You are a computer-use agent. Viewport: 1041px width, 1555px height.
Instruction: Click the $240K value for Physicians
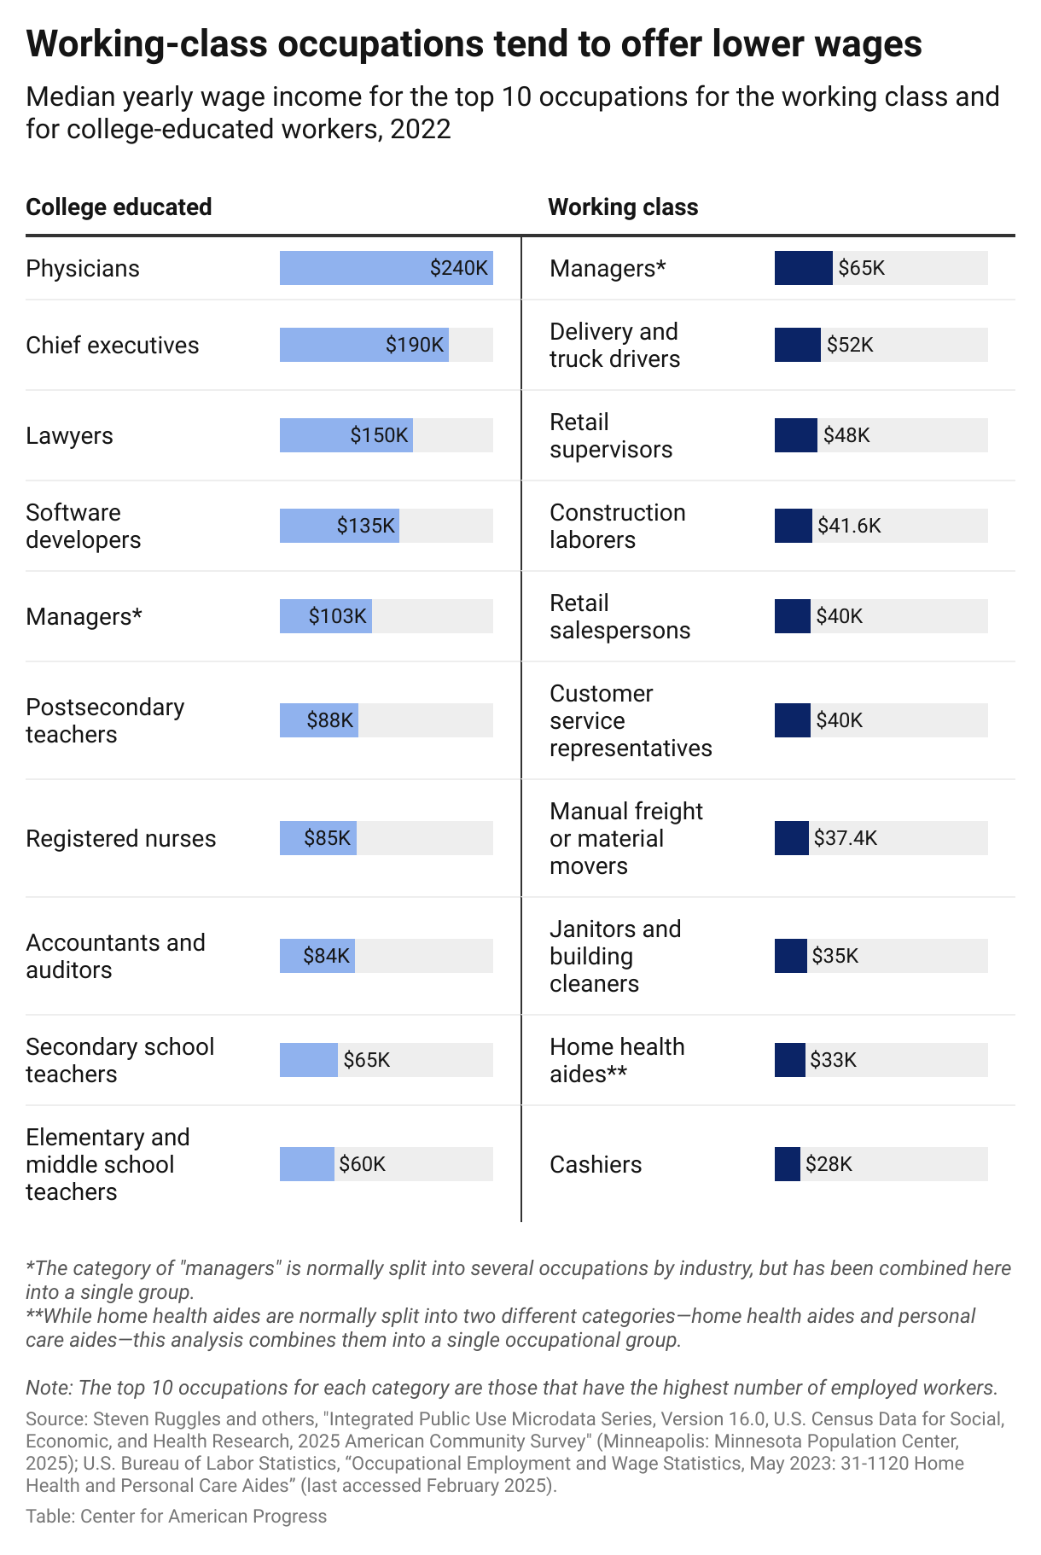[458, 268]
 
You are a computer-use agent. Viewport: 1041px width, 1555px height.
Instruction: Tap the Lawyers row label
[69, 435]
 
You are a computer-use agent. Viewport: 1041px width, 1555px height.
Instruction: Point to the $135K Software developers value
[366, 526]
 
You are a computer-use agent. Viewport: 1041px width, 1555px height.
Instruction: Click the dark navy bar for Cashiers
[787, 1164]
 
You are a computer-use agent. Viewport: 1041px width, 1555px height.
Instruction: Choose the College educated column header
[119, 207]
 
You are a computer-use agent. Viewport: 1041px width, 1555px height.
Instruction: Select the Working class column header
[622, 207]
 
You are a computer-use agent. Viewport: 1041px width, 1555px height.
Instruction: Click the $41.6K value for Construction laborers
[848, 526]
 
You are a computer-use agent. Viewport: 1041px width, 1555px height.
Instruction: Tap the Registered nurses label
[120, 838]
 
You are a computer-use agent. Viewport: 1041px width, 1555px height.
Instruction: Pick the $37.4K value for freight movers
[845, 838]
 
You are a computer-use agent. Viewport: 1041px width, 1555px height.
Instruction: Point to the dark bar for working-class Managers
[803, 268]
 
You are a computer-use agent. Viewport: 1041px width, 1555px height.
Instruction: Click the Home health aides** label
[616, 1060]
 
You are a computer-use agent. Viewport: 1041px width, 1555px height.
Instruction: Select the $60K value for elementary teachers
[362, 1164]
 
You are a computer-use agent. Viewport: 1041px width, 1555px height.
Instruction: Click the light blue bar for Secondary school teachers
[308, 1060]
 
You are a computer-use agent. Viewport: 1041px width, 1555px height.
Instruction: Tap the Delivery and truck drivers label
[614, 345]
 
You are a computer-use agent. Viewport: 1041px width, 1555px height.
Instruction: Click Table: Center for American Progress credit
[176, 1516]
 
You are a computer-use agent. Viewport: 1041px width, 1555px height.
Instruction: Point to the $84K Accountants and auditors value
[326, 956]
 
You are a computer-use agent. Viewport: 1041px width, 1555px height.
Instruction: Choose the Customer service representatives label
[630, 720]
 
